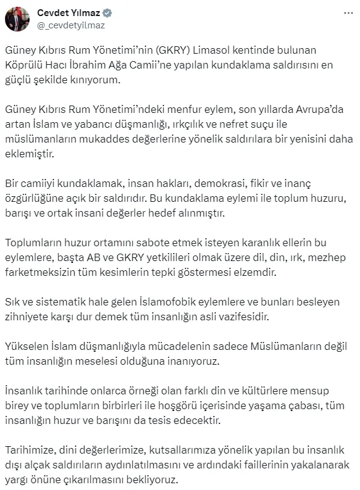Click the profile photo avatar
[17, 19]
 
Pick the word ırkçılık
[182, 125]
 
